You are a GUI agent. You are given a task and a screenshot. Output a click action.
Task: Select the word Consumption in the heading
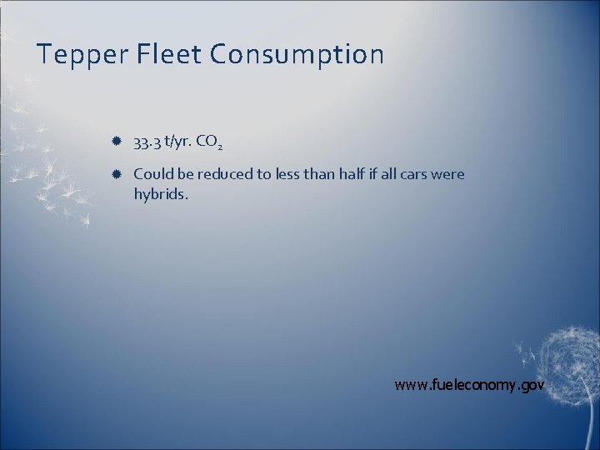pos(297,55)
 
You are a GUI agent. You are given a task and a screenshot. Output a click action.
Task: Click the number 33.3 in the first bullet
pos(147,143)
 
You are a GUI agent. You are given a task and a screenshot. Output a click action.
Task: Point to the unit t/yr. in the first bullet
pos(179,143)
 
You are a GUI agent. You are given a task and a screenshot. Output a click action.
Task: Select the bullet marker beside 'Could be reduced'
pos(117,175)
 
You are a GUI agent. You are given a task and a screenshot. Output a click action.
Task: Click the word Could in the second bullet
pos(151,175)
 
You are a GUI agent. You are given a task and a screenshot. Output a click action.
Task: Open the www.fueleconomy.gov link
pos(469,385)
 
